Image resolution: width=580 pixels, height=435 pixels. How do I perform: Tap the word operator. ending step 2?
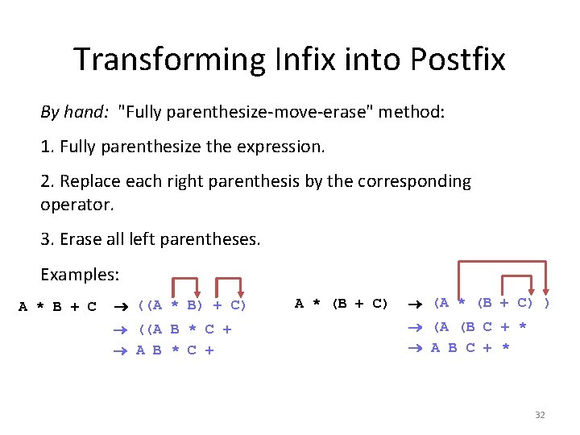pos(77,204)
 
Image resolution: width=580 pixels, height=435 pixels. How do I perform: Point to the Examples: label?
pos(80,275)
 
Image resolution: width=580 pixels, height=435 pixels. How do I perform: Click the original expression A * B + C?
pos(58,306)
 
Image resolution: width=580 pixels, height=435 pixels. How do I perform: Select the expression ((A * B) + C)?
pos(192,305)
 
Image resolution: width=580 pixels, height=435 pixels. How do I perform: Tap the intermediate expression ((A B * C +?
pos(184,329)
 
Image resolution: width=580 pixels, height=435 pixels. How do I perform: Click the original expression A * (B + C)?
pos(341,304)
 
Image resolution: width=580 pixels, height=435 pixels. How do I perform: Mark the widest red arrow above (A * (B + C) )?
pos(502,262)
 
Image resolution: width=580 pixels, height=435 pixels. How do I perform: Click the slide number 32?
pos(540,415)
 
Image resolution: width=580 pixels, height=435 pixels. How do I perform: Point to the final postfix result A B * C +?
pos(175,350)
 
